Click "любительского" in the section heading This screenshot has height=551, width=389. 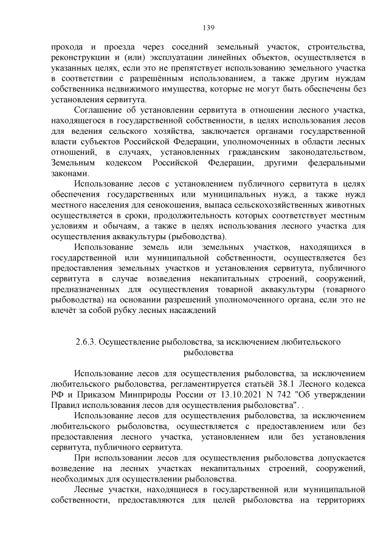[x=309, y=342]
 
